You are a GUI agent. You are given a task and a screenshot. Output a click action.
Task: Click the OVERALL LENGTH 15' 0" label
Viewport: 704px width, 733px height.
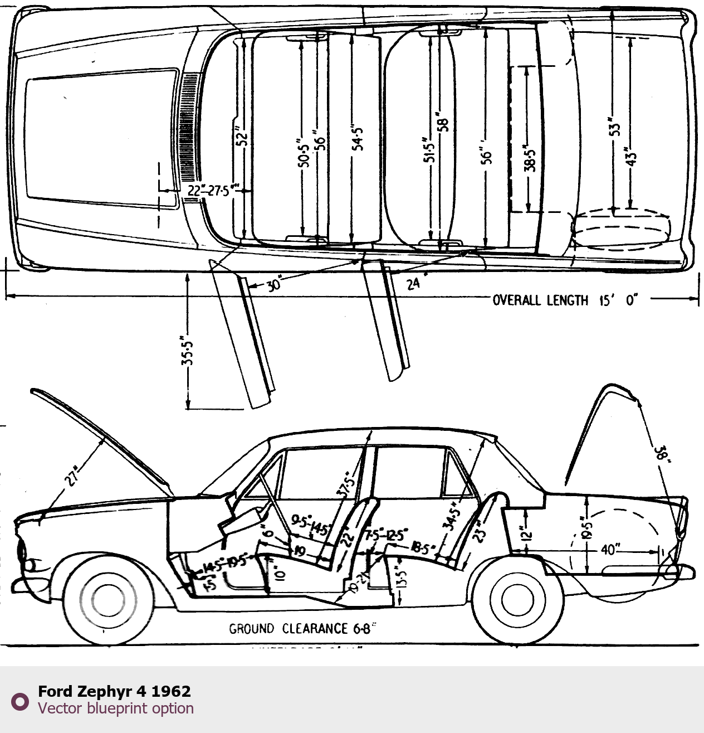click(x=564, y=300)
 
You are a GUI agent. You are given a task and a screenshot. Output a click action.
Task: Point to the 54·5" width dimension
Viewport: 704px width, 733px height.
click(x=358, y=137)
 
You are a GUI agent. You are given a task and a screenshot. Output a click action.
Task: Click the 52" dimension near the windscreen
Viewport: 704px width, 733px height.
click(x=241, y=137)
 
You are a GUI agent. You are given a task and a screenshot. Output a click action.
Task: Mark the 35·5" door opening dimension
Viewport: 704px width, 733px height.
click(x=187, y=350)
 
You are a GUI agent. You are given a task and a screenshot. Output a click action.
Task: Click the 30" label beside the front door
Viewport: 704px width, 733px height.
click(x=273, y=285)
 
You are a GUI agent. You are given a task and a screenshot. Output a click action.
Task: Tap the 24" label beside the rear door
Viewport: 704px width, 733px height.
click(x=413, y=284)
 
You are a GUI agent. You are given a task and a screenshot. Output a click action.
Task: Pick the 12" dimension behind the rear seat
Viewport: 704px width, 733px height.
click(x=526, y=533)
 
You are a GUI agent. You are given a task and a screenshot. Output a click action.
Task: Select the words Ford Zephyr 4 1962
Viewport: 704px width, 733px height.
click(x=114, y=691)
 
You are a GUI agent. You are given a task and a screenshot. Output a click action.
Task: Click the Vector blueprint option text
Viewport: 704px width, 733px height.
click(x=116, y=708)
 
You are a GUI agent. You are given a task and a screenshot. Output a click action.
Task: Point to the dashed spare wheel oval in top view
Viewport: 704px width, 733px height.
click(x=621, y=229)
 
